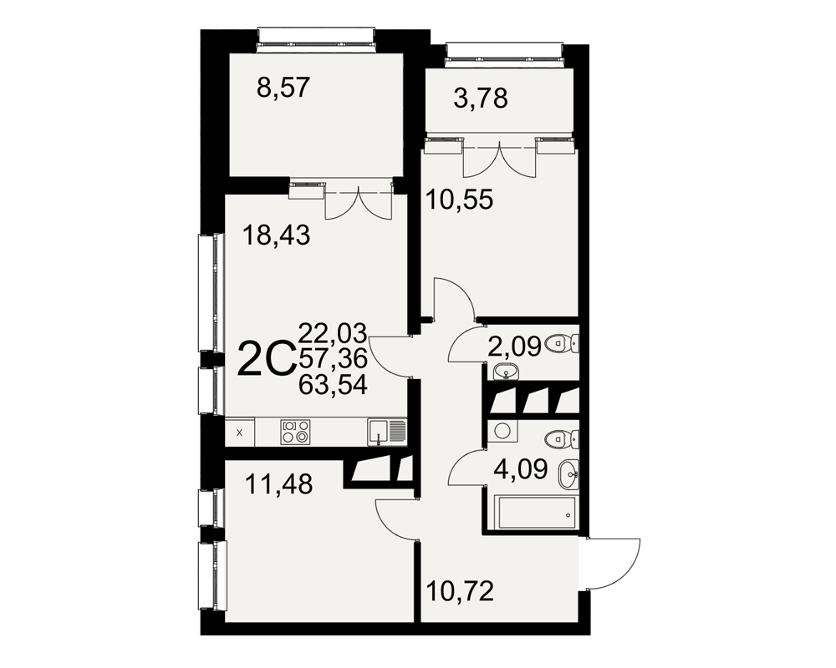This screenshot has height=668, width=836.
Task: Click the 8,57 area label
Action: tap(283, 88)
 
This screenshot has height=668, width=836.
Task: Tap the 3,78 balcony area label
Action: tap(481, 99)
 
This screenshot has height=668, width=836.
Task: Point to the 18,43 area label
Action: tap(276, 235)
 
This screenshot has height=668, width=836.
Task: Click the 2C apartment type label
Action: tap(266, 359)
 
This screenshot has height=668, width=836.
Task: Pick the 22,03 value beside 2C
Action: tap(334, 333)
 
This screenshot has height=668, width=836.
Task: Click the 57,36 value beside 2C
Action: tap(334, 359)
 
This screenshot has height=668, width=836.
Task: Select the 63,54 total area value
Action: tap(334, 385)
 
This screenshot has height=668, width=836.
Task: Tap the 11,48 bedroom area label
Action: tap(279, 485)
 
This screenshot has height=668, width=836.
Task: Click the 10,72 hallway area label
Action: tap(460, 591)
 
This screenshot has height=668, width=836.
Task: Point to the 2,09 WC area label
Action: tap(515, 346)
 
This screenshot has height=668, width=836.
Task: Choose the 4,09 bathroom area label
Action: tap(521, 469)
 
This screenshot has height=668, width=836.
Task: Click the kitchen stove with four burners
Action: tap(295, 432)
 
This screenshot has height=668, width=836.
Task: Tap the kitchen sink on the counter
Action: tap(386, 432)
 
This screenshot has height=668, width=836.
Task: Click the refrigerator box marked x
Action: tap(239, 433)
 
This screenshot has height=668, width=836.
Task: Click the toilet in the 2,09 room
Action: tap(563, 343)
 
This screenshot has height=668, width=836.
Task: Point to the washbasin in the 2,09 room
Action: tap(505, 372)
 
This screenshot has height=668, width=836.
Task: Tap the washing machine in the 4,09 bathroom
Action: tap(502, 430)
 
